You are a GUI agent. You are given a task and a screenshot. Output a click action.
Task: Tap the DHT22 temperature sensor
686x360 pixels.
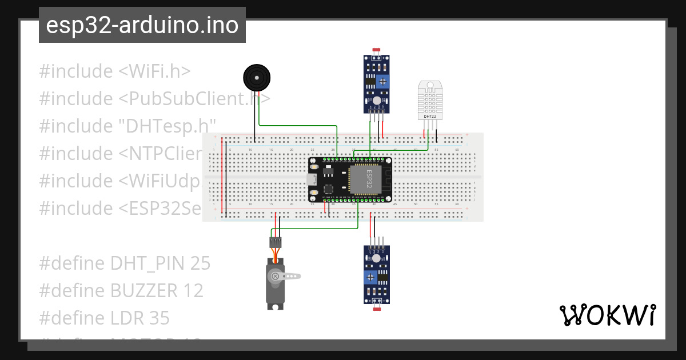pos(430,100)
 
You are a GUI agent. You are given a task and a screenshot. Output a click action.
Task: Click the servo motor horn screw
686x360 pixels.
pos(275,277)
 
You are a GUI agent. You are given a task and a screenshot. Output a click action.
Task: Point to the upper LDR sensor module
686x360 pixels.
pos(377,83)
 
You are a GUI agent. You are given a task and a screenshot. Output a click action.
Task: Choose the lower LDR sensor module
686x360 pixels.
pos(377,274)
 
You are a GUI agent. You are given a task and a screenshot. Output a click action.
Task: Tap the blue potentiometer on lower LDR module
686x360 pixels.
pos(371,277)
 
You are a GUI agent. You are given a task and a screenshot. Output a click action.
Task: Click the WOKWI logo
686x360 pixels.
pos(607,315)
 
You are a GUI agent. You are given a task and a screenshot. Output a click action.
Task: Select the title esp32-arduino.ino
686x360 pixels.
pos(142,25)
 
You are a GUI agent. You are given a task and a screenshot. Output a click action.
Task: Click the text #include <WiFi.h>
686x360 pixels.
pos(115,71)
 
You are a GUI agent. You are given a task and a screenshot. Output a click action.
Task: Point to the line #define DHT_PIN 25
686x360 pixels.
pos(125,263)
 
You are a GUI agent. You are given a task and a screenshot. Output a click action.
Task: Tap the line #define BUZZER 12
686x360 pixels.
pos(121,290)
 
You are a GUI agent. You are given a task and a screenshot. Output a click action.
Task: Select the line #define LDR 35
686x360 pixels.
pos(105,318)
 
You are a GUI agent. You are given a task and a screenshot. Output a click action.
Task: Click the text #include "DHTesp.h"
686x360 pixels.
pos(127,126)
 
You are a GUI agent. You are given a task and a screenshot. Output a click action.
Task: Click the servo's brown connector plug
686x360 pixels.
pos(276,242)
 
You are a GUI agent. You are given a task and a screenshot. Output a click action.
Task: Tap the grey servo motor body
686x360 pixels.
pos(275,286)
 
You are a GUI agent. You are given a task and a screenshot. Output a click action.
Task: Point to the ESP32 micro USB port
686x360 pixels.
pos(312,179)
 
